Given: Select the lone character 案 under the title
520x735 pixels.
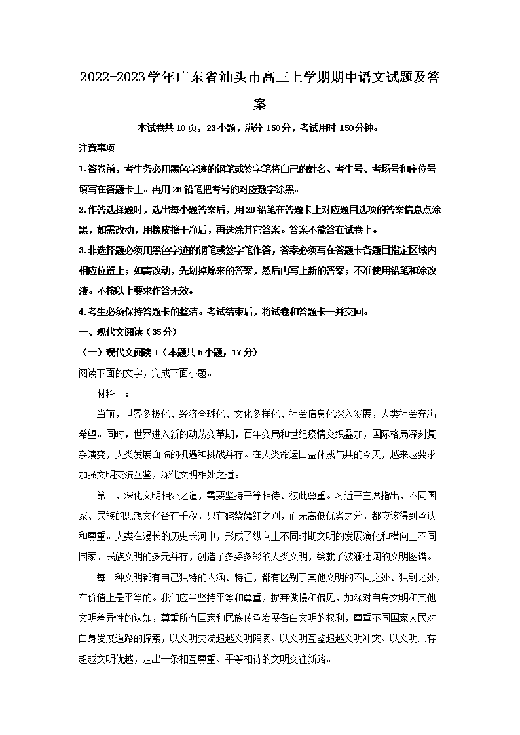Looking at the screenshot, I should [x=260, y=105].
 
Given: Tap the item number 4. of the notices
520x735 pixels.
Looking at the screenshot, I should [x=83, y=312].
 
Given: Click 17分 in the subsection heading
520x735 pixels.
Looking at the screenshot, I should [x=238, y=352].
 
